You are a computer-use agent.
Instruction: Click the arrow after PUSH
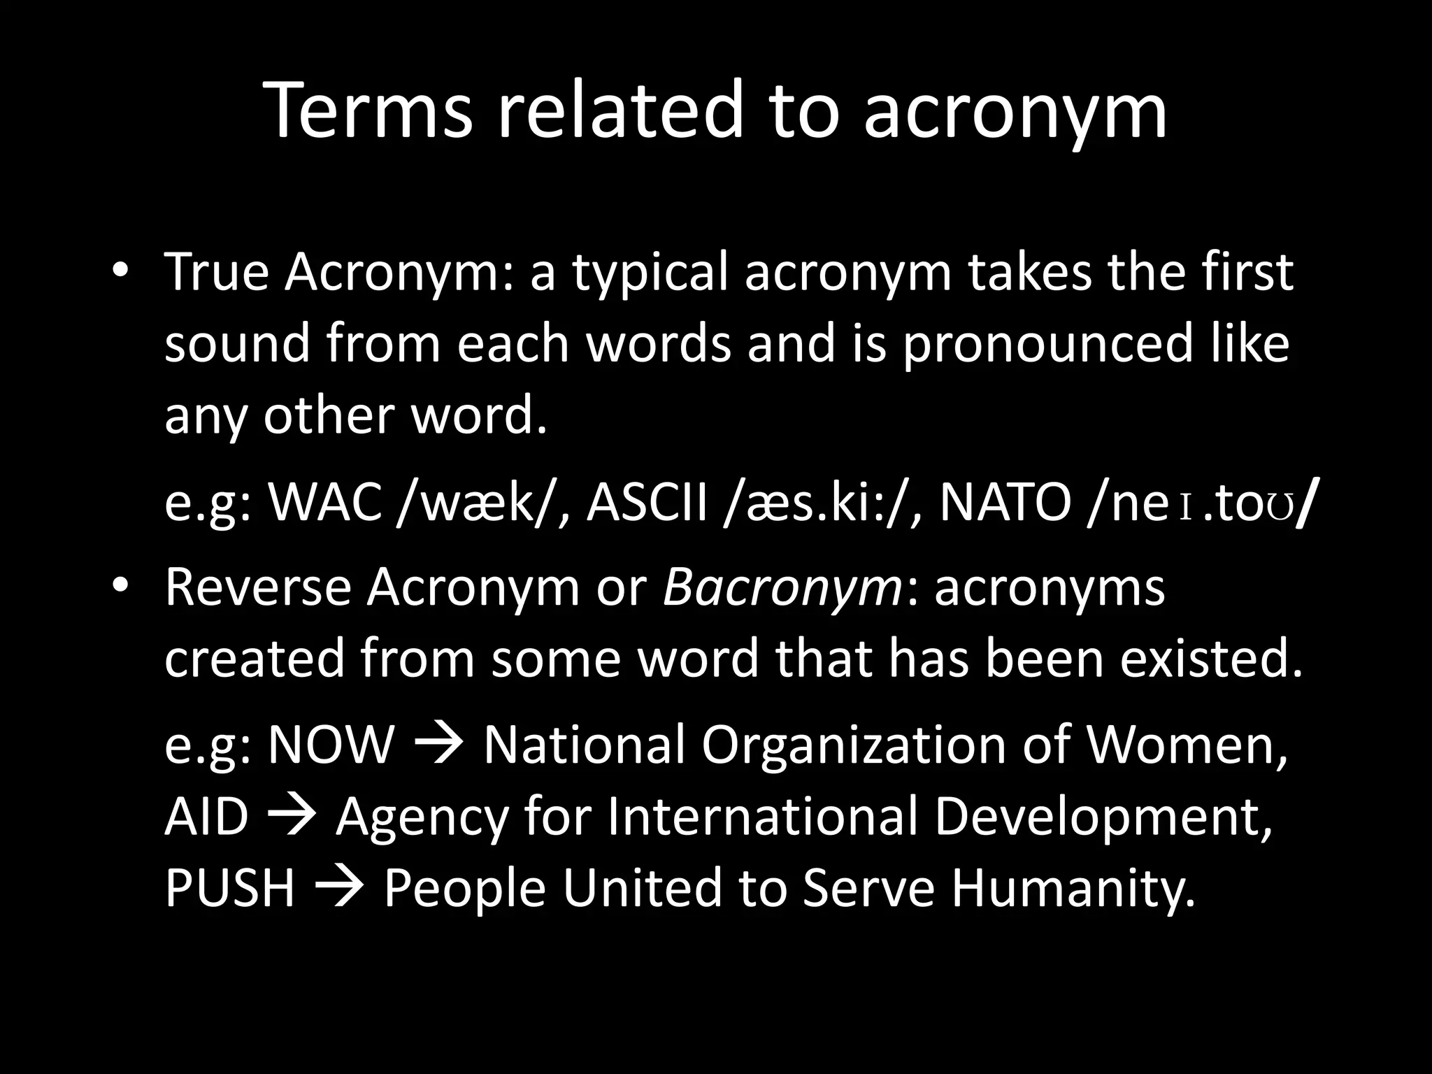tap(339, 888)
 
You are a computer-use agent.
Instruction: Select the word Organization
tap(853, 745)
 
